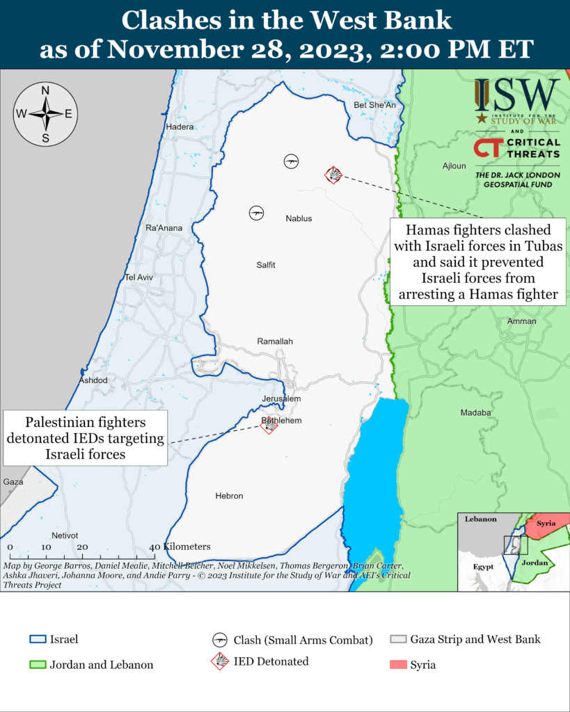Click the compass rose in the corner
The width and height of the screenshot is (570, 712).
pos(45,114)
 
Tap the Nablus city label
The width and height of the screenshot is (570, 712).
pos(299,218)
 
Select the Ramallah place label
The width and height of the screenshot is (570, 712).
pos(275,341)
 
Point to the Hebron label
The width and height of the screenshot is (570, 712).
pos(229,496)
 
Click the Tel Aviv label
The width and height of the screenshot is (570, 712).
pos(138,277)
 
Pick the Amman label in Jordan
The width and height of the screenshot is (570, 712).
pos(522,321)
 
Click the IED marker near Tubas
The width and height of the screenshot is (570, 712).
pos(333,175)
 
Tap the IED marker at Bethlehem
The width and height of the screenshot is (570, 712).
pos(269,425)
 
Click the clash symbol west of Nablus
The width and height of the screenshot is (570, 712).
pos(256,213)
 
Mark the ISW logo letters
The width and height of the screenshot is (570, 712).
pos(517,92)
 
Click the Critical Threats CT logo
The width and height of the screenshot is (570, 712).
pos(485,147)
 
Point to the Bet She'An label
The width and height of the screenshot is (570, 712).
pos(374,105)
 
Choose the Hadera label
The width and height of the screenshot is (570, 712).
pos(180,127)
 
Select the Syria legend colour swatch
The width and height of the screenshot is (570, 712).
pos(397,665)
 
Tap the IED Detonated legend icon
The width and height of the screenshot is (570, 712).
pos(220,661)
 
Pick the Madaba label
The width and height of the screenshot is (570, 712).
pos(476,412)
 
